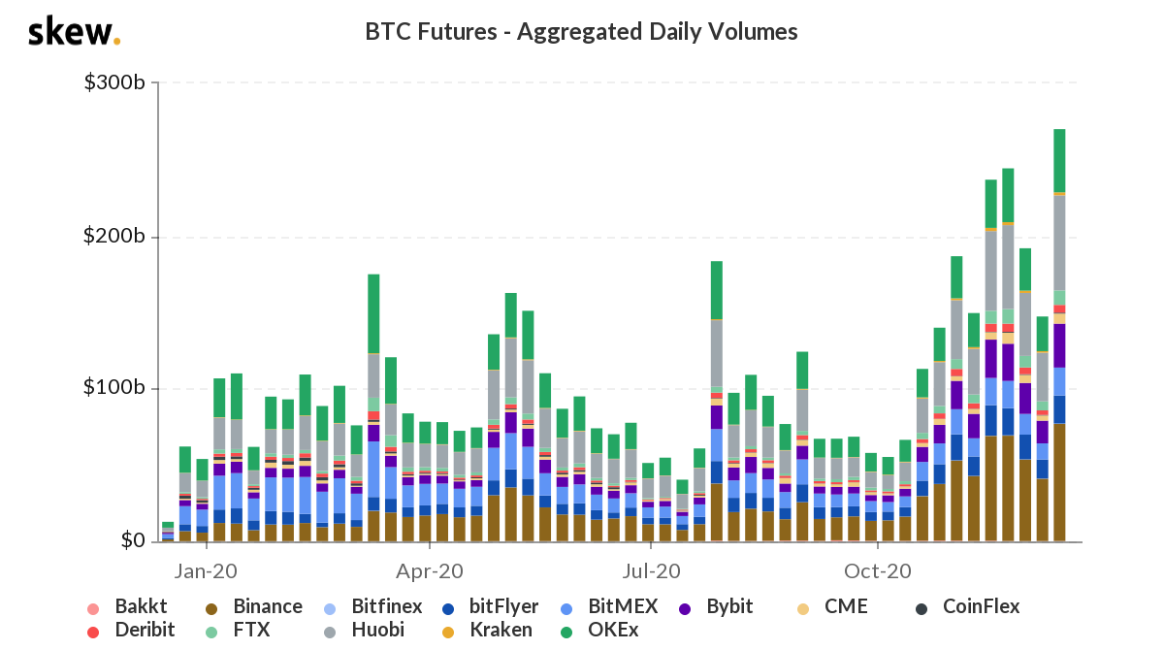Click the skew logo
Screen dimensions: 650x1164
point(74,32)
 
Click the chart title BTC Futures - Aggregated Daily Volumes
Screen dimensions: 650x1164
point(581,32)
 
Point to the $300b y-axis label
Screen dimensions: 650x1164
point(115,83)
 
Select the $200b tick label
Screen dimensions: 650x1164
point(115,237)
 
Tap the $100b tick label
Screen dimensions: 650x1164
point(115,388)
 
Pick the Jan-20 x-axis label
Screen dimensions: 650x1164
point(207,570)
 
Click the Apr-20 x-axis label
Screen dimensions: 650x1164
point(431,570)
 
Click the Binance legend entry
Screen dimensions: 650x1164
point(255,607)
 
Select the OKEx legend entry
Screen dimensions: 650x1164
point(611,630)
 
